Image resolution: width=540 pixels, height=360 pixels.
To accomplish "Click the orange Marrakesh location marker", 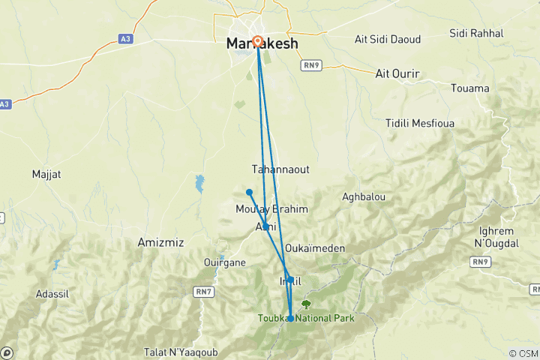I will coord(257,41).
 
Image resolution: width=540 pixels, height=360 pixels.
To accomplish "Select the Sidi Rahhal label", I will coord(476,33).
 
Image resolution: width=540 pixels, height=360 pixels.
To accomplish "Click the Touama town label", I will coord(469,88).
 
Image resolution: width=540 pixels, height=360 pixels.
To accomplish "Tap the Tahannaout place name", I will coord(280,169).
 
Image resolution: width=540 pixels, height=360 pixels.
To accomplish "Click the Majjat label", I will coord(46,174).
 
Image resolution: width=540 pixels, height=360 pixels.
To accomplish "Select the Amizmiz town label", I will coord(161,242).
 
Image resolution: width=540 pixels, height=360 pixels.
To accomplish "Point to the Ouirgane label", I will coord(225,262).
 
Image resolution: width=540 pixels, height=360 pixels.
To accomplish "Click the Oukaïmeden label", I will coord(314,248).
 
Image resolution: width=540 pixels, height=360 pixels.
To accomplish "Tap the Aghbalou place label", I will coord(363,196).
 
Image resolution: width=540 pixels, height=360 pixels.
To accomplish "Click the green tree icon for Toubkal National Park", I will coord(305,304).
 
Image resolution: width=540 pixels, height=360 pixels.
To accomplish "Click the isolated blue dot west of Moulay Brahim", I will coord(249,192).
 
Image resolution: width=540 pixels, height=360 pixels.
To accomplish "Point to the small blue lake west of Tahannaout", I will coord(199,183).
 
